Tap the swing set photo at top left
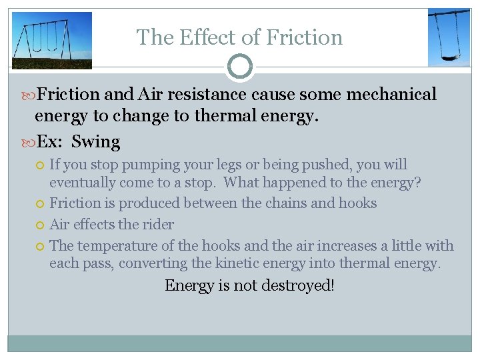pyautogui.click(x=52, y=40)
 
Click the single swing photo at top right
pyautogui.click(x=448, y=37)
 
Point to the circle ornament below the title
pyautogui.click(x=240, y=67)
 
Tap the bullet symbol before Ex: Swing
pyautogui.click(x=28, y=142)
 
